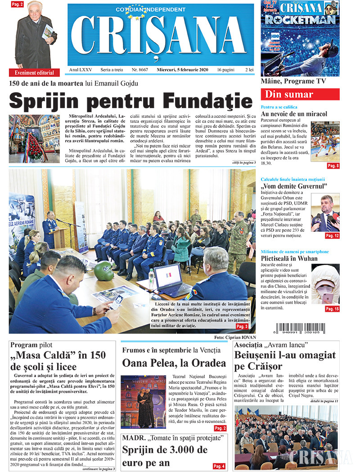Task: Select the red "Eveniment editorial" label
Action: (x=34, y=72)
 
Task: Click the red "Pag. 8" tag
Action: (x=333, y=166)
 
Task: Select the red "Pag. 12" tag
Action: (x=332, y=235)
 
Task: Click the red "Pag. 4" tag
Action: (x=219, y=466)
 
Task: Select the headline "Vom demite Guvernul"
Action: (x=294, y=186)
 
